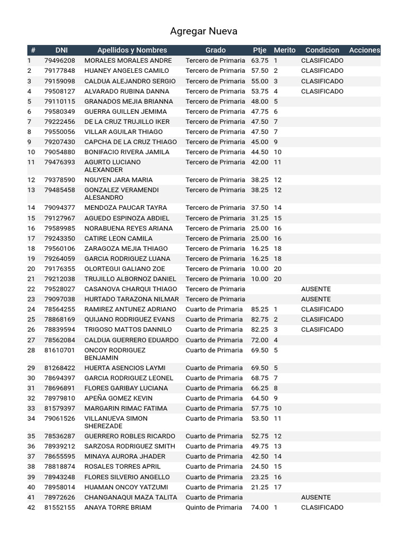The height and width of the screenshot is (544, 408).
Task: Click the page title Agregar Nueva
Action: (x=203, y=31)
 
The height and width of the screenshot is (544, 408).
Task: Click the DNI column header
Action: (x=62, y=50)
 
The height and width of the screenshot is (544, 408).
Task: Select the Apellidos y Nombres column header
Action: (x=132, y=50)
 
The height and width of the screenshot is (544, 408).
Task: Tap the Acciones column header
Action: (x=364, y=50)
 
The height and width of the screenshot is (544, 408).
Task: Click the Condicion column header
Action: (x=322, y=50)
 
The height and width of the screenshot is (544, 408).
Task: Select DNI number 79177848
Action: (x=59, y=71)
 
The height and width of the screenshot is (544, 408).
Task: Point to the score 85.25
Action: (x=260, y=309)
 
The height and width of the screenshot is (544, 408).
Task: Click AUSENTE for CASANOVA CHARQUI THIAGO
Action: (x=316, y=289)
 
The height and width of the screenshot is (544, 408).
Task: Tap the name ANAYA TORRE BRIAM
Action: (x=118, y=507)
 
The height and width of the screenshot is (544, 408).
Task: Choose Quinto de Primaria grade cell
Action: (x=215, y=507)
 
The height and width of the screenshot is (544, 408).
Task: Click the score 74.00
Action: (x=260, y=507)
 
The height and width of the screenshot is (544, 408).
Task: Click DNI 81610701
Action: (x=59, y=351)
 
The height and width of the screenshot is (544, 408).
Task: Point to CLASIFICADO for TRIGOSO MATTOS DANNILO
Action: (x=322, y=329)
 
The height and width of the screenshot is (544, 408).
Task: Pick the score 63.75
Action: (x=260, y=61)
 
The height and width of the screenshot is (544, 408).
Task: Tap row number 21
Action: (x=31, y=279)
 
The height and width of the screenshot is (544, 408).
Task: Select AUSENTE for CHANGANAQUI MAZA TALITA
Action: (x=316, y=497)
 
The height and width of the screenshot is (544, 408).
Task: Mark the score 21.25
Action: (x=260, y=487)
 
